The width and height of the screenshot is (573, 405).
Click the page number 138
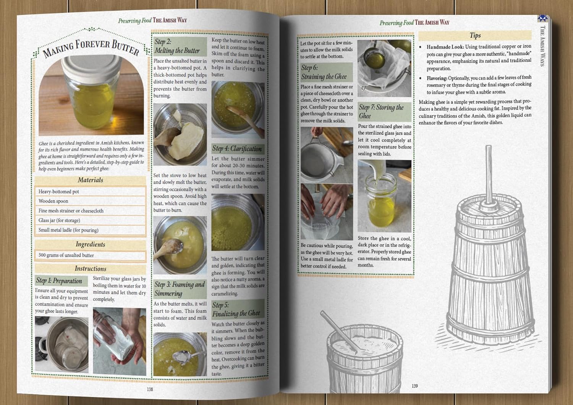(x=150, y=389)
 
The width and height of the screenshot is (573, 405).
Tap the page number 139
(x=414, y=386)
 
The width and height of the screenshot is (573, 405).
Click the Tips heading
(x=475, y=35)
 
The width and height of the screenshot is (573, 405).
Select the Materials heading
(x=91, y=180)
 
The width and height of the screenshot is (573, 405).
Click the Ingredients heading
(x=91, y=244)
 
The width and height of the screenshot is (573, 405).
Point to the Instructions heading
(x=91, y=268)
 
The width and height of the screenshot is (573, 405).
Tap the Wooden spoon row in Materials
(x=90, y=201)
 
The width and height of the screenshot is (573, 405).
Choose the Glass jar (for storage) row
(x=90, y=220)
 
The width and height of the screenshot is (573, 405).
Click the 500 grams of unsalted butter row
(x=90, y=255)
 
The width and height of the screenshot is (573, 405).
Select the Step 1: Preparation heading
(x=59, y=281)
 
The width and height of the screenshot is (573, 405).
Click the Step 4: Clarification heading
(x=237, y=148)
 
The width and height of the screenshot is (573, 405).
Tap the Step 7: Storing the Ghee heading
(x=381, y=111)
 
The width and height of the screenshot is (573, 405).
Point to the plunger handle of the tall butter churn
(x=489, y=174)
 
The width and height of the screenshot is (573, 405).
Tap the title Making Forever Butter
(x=91, y=48)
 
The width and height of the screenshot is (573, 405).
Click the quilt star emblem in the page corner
(x=543, y=18)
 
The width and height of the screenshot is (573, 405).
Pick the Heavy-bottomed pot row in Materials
(x=90, y=192)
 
